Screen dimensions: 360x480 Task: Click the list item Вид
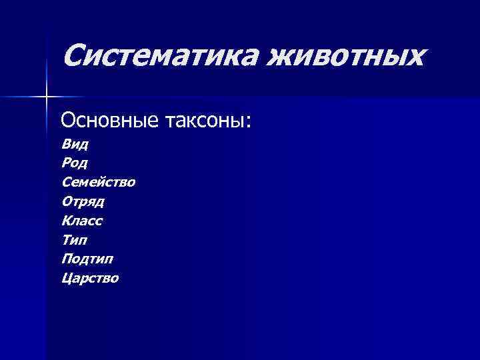75,143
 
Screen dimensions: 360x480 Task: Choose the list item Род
75,163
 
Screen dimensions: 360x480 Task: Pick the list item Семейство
98,182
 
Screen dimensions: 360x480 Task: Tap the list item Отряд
83,201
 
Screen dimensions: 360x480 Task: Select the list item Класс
82,221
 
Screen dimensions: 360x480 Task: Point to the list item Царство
90,279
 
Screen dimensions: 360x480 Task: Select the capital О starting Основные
68,121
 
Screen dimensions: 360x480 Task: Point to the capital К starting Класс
67,221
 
